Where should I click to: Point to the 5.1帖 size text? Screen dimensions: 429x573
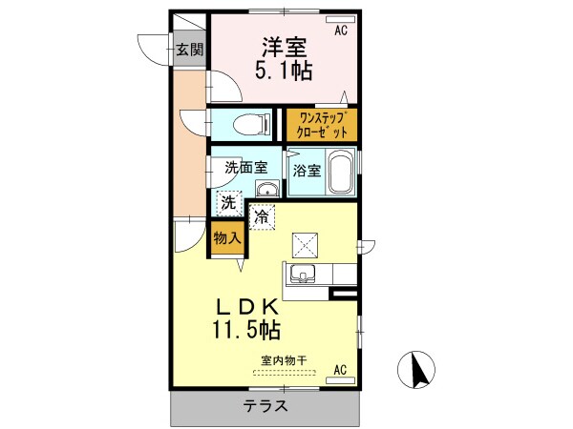click(284, 71)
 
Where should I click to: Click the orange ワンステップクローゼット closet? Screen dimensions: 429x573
click(322, 125)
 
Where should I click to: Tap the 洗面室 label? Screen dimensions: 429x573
click(244, 166)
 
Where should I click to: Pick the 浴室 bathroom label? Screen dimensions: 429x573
click(307, 173)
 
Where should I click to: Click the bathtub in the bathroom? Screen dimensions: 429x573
click(342, 172)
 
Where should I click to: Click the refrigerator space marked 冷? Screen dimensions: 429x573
click(262, 216)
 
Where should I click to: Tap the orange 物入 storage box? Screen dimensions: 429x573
click(224, 237)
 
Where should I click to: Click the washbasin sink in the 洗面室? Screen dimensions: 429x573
click(267, 189)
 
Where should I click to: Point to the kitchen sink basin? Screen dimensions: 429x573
click(303, 276)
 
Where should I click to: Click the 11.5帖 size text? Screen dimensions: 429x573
click(245, 331)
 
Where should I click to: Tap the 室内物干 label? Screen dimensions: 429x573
click(285, 360)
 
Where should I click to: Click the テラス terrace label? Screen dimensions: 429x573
click(266, 406)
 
